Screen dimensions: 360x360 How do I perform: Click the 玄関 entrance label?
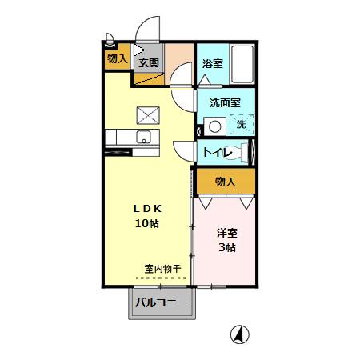(149, 63)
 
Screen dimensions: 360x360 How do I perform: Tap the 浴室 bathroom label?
(212, 63)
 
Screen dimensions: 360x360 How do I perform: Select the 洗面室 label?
(226, 102)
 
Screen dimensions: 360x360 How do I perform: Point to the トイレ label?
(218, 152)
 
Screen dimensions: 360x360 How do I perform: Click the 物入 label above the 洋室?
(226, 182)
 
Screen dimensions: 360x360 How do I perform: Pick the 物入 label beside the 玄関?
(117, 58)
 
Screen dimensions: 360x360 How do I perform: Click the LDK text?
(146, 207)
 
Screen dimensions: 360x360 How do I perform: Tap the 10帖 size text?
(146, 223)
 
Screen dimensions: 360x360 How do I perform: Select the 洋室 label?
(226, 233)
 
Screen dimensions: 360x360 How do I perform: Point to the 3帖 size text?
(226, 248)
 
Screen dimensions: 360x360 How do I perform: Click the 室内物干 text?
(162, 268)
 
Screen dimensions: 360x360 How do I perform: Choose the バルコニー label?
(161, 303)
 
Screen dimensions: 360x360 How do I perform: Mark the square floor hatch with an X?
(148, 115)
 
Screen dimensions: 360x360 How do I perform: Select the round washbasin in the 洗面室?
(214, 126)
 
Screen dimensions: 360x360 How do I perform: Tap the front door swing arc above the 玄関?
(148, 32)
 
